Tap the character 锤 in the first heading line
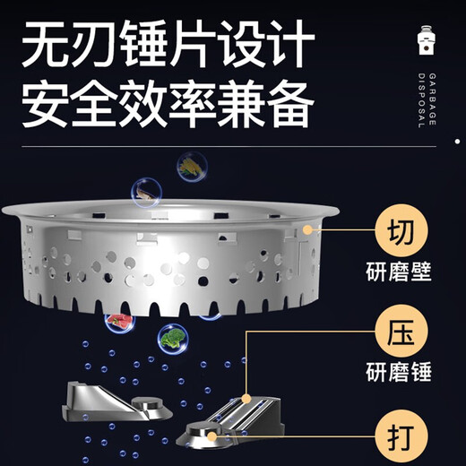click(153, 42)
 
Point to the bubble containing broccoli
click(172, 339)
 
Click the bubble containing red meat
click(117, 320)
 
